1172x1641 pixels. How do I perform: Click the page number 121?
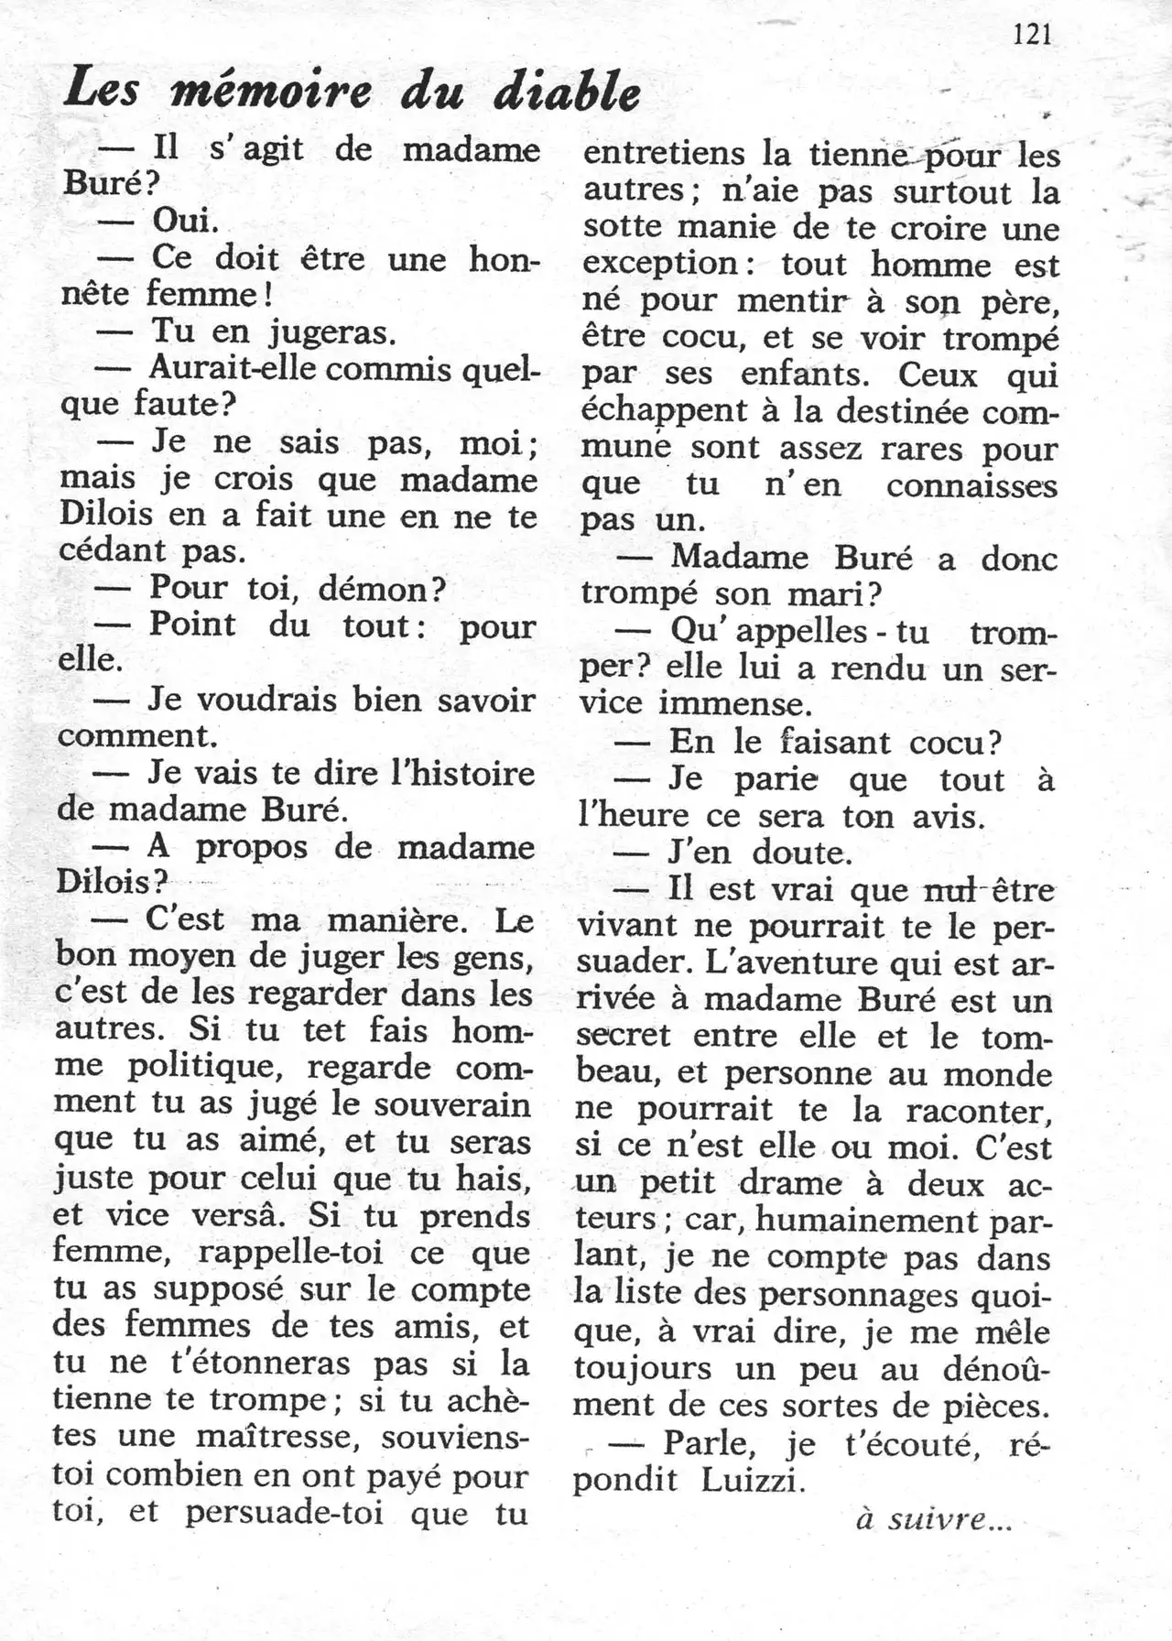[1033, 35]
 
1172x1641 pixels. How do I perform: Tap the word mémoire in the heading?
[271, 92]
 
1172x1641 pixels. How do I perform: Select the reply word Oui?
[184, 220]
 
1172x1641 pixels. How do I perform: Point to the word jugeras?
[331, 331]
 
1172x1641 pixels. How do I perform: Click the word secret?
[624, 1036]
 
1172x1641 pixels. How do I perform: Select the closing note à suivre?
[934, 1519]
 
